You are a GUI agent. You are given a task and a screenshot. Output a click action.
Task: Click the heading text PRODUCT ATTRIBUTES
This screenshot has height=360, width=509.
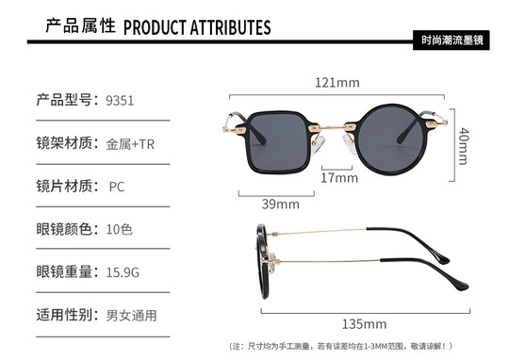click(197, 25)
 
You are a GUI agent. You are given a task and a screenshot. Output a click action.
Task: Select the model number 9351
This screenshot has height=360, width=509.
click(120, 100)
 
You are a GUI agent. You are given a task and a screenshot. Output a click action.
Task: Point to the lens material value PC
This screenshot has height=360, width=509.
click(117, 186)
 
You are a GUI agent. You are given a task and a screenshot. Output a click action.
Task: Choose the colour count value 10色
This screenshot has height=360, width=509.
click(121, 229)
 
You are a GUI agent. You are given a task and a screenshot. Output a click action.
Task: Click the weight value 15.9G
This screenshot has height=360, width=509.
click(123, 272)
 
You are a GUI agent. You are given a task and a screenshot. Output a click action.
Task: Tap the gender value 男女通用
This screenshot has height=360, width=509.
click(131, 315)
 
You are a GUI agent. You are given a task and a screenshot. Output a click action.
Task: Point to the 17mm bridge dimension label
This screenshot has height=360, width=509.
click(335, 177)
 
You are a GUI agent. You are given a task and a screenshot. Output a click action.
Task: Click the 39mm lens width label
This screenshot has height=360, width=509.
click(280, 203)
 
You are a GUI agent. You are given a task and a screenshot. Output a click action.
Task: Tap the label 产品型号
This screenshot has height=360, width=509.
click(65, 100)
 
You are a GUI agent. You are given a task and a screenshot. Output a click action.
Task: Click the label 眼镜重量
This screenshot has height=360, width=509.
click(65, 272)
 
